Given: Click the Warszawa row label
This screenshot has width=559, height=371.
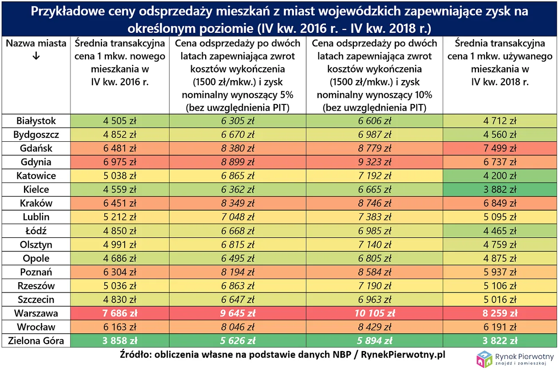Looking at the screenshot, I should [36, 313].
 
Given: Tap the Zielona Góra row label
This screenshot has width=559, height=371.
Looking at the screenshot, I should [36, 341].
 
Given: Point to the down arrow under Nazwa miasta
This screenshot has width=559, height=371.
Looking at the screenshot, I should [36, 56].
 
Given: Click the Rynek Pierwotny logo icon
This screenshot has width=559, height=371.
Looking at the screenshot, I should [484, 359].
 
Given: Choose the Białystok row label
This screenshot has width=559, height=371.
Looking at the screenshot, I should [36, 120].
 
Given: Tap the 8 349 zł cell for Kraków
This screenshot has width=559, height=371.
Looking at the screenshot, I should [238, 203].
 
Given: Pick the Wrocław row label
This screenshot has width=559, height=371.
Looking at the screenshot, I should [36, 327].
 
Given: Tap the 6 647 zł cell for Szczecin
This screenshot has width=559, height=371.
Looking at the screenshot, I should [238, 299].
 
